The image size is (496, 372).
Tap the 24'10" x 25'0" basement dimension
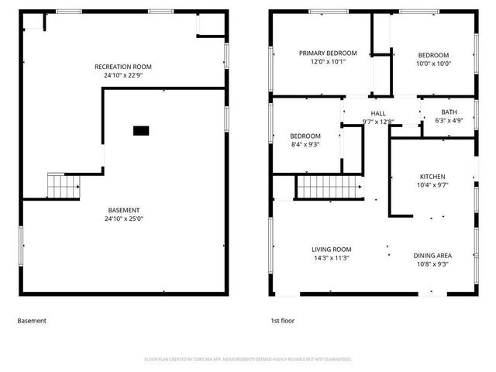pyautogui.click(x=124, y=219)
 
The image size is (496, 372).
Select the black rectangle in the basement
pyautogui.click(x=140, y=131)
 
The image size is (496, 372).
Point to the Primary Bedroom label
pyautogui.click(x=328, y=53)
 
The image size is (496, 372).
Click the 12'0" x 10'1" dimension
pyautogui.click(x=328, y=62)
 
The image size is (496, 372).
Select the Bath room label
pyautogui.click(x=449, y=112)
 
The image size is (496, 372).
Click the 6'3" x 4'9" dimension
pyautogui.click(x=449, y=121)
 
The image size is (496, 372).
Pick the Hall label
pyautogui.click(x=378, y=113)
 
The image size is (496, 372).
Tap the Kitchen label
pyautogui.click(x=433, y=177)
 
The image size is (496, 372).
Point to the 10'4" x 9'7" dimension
pyautogui.click(x=433, y=185)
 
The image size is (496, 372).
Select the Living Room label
pyautogui.click(x=332, y=250)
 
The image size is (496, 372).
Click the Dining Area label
pyautogui.click(x=433, y=256)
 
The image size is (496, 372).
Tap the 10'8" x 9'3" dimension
pyautogui.click(x=433, y=264)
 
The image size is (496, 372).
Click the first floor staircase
pyautogui.click(x=328, y=187)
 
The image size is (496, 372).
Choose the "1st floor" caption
pyautogui.click(x=282, y=320)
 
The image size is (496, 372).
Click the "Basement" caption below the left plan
pyautogui.click(x=32, y=320)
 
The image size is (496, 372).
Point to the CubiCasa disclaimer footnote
pyautogui.click(x=248, y=359)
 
